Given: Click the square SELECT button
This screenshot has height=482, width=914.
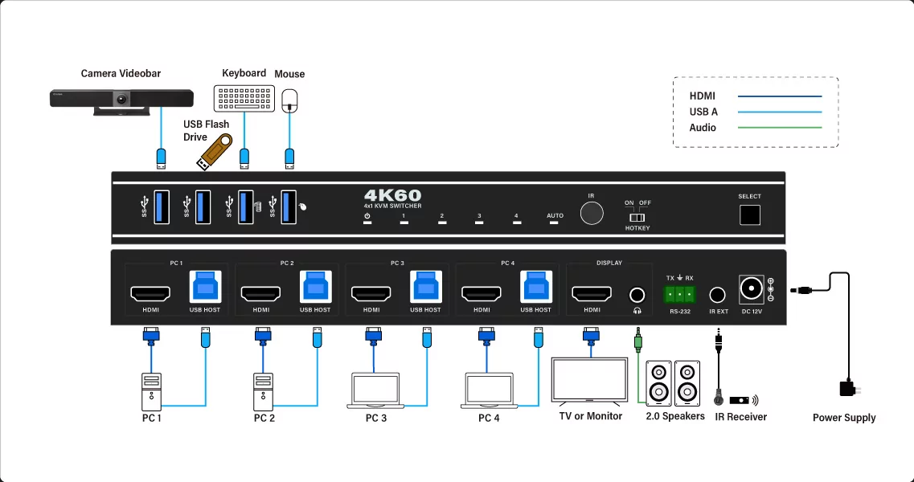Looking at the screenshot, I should coord(749,214).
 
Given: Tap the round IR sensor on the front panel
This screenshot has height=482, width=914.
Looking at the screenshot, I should coord(592,214).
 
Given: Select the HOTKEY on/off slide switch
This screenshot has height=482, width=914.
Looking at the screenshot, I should coord(637,217).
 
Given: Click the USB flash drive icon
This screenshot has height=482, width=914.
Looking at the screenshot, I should coord(215,151).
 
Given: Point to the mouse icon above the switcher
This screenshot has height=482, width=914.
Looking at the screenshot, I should coord(290,100).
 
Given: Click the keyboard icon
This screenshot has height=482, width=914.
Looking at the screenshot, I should coord(244,99).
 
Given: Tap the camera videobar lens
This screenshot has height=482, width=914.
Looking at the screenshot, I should coord(121,100).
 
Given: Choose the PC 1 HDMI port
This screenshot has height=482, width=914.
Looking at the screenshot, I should coord(150,292).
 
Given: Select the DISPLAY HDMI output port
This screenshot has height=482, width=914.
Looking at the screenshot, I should coord(592,292).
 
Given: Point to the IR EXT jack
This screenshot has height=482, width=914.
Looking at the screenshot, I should coord(718,295).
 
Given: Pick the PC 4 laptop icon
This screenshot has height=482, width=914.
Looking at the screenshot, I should coord(490,389).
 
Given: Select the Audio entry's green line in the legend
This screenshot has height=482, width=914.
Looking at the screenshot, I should coord(780,128).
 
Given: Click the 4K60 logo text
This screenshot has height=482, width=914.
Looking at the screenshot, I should coord(392,195).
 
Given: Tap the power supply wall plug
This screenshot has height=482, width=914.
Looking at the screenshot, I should coord(847,389).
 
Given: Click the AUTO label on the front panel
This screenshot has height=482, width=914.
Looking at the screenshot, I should coord(555,215).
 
